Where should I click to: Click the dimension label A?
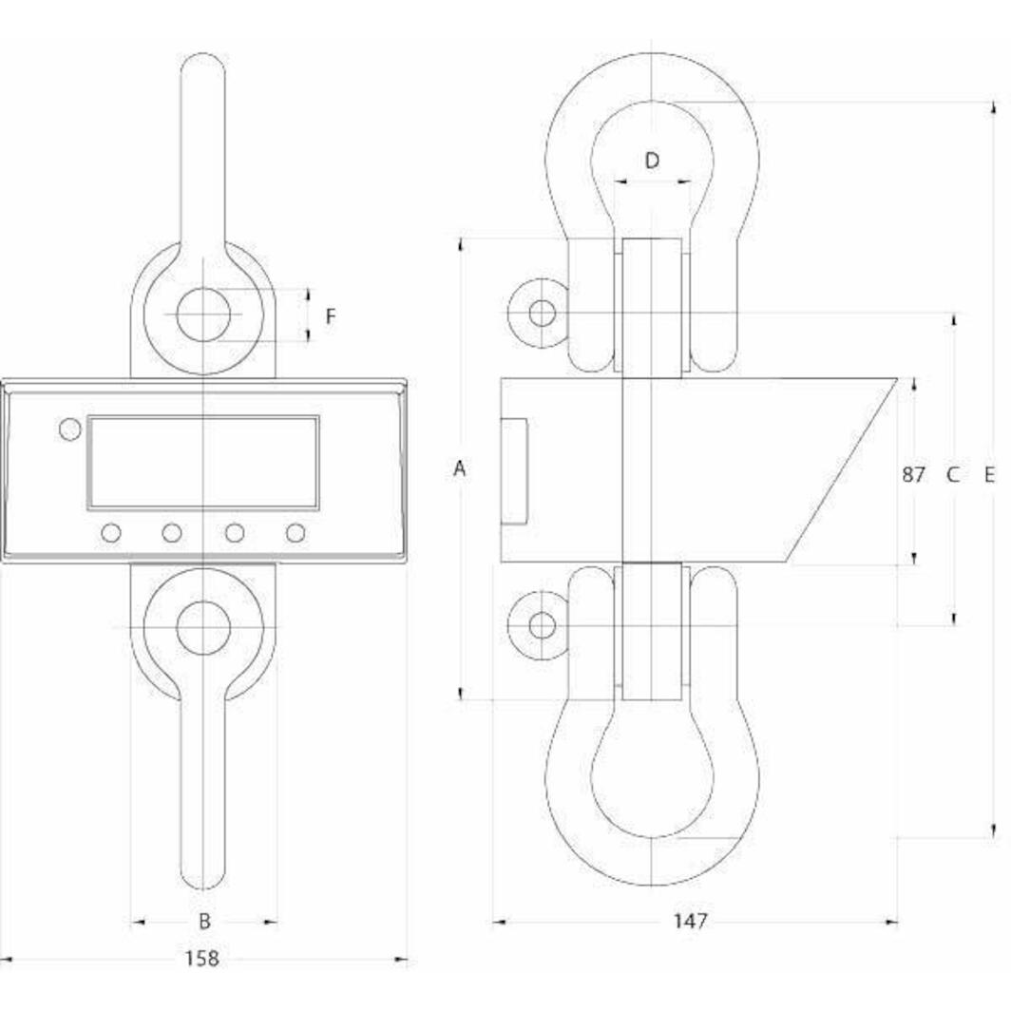point(460,468)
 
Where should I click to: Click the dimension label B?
point(203,921)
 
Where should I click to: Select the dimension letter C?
point(953,473)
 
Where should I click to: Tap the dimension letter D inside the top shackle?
point(652,161)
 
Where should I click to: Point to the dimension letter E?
point(989,473)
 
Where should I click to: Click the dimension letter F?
point(330,316)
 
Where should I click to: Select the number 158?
point(201,959)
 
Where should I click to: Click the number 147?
point(691,921)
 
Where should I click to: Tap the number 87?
point(913,473)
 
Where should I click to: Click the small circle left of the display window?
point(69,429)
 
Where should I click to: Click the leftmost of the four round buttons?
point(111,533)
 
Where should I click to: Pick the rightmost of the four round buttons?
point(296,533)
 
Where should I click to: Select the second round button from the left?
point(172,533)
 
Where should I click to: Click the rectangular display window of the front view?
point(203,462)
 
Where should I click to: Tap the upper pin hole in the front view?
point(203,315)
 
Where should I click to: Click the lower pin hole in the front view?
point(203,627)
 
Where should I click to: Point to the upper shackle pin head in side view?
point(542,313)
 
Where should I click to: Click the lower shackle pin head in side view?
point(542,625)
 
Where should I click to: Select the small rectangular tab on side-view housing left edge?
point(514,470)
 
